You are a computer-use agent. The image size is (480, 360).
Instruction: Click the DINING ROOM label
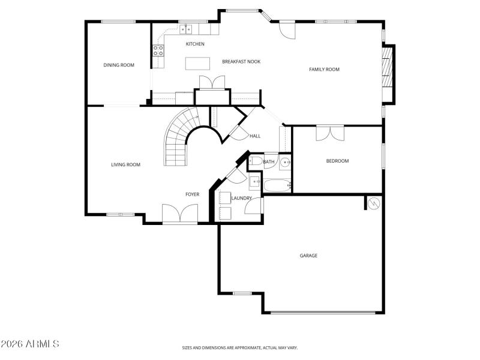[x=119, y=65]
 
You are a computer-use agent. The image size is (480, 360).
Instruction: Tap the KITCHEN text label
[x=195, y=44]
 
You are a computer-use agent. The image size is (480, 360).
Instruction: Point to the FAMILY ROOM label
[x=324, y=69]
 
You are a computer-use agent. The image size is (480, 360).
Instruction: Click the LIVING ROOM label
[x=125, y=164]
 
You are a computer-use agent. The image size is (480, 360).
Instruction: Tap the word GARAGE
[x=308, y=255]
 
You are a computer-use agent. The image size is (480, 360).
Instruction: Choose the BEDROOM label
[x=337, y=160]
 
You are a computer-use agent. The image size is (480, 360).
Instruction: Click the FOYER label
[x=192, y=194]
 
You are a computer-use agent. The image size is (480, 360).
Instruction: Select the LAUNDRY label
[x=241, y=198]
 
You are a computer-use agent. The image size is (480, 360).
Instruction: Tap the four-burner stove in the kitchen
[x=158, y=51]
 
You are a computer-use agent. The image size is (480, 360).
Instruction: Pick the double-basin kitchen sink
[x=187, y=28]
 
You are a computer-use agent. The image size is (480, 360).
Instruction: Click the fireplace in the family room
[x=389, y=72]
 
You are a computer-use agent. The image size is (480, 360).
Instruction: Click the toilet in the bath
[x=255, y=161]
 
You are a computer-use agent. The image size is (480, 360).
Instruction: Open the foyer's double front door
[x=180, y=214]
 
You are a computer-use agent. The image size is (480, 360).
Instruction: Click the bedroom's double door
[x=329, y=133]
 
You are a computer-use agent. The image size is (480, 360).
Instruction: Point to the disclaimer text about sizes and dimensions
[x=240, y=347]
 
